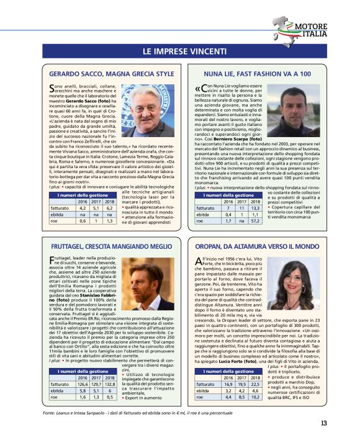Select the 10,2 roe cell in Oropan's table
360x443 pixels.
click(255, 397)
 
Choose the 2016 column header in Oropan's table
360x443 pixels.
click(227, 377)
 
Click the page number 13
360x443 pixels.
click(324, 423)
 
